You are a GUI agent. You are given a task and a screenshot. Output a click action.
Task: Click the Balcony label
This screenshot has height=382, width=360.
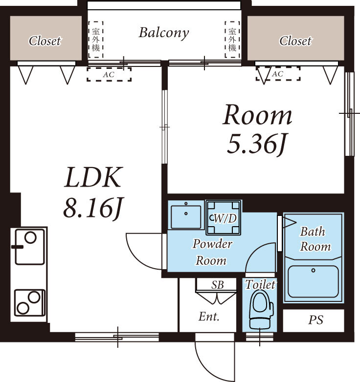click(163, 33)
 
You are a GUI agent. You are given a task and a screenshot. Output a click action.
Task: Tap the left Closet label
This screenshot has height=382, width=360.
click(45, 41)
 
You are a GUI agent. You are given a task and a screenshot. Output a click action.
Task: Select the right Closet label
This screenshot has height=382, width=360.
click(295, 41)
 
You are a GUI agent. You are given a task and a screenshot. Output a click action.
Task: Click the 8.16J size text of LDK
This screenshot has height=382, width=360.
click(91, 209)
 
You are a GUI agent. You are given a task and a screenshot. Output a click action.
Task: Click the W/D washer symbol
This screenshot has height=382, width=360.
click(224, 218)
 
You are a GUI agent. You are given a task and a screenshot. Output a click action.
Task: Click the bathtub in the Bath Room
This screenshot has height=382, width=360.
click(313, 281)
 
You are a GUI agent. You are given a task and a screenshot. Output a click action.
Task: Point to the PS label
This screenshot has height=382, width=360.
click(315, 320)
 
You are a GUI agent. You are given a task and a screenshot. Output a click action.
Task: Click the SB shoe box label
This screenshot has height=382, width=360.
click(218, 285)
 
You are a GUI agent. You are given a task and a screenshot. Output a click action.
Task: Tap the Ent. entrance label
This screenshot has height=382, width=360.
click(209, 317)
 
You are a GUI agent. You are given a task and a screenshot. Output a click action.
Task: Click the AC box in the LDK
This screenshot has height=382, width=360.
click(109, 74)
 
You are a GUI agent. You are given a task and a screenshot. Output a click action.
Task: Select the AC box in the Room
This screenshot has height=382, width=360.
click(277, 74)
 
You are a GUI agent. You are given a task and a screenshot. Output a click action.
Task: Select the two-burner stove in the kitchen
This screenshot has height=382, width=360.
click(29, 302)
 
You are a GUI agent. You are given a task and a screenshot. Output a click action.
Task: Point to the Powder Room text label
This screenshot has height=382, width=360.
click(212, 252)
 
